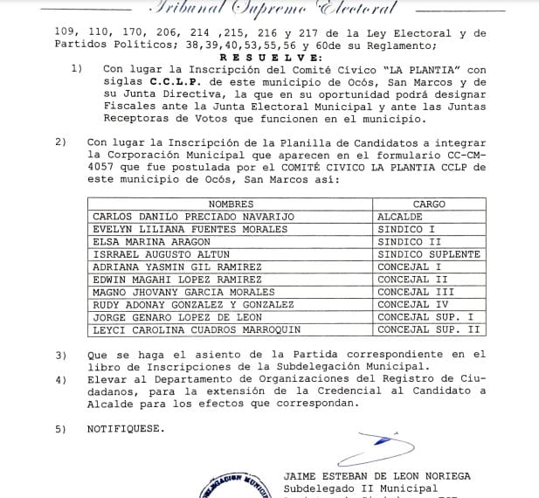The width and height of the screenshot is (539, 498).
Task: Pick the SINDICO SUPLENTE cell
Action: tap(428, 253)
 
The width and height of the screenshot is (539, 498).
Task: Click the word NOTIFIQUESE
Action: tap(125, 429)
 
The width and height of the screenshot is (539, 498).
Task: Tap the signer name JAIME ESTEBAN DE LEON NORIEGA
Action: tap(377, 475)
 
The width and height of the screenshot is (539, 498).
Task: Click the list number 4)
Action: tap(60, 380)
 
